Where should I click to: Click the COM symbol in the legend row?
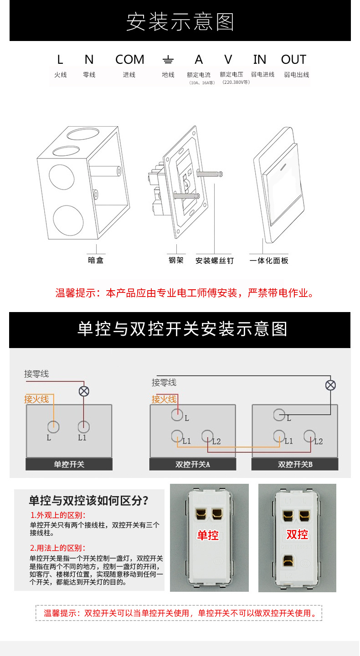pyautogui.click(x=129, y=60)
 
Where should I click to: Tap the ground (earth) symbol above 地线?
pyautogui.click(x=168, y=60)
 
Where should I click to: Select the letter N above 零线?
pyautogui.click(x=89, y=60)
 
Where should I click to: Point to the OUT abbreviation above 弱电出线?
pyautogui.click(x=293, y=60)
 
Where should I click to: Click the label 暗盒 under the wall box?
pyautogui.click(x=96, y=261)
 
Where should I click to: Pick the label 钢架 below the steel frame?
pyautogui.click(x=176, y=261)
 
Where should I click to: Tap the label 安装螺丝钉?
pyautogui.click(x=214, y=261)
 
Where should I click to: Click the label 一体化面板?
pyautogui.click(x=269, y=261)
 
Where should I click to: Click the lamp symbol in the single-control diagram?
pyautogui.click(x=84, y=391)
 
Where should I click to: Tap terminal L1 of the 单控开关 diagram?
pyautogui.click(x=83, y=427)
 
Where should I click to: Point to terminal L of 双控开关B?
pyautogui.click(x=279, y=415)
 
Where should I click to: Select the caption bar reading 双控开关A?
pyautogui.click(x=193, y=465)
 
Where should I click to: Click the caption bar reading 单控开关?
pyautogui.click(x=69, y=465)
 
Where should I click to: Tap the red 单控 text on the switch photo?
pyautogui.click(x=208, y=535)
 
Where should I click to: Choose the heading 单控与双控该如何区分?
pyautogui.click(x=88, y=501)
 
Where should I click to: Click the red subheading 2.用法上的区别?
pyautogui.click(x=57, y=548)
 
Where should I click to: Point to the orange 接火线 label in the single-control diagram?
pyautogui.click(x=36, y=399)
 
